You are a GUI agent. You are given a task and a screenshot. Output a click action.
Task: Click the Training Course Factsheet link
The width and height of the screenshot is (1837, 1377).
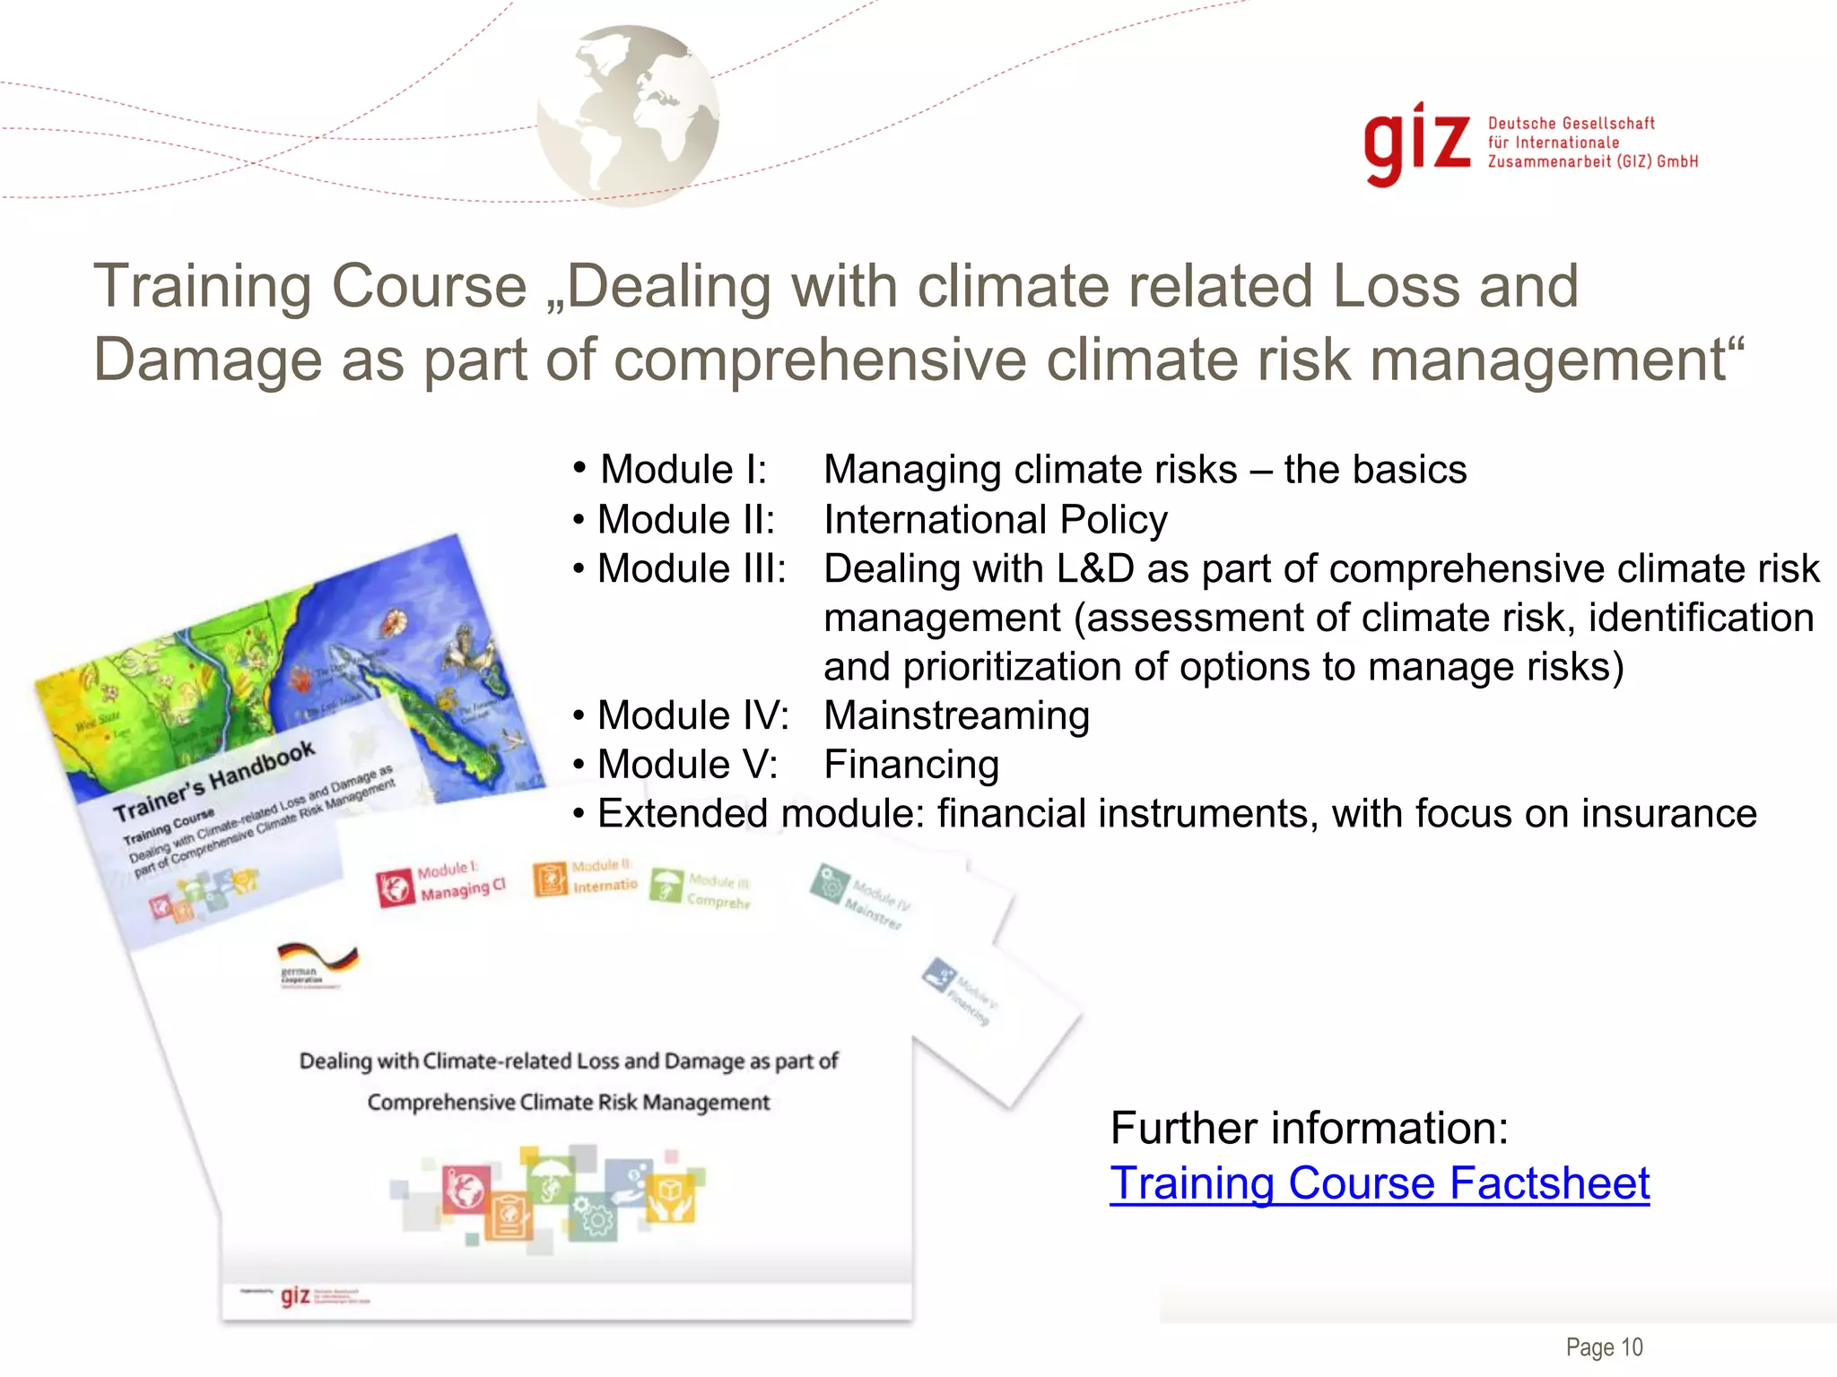tap(1379, 1183)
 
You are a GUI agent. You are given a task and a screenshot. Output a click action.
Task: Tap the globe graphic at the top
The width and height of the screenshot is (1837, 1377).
tap(629, 115)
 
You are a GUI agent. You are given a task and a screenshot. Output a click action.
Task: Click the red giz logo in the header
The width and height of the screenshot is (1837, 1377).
tap(1415, 143)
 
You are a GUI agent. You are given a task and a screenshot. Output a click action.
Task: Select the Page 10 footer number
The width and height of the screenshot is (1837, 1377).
tap(1604, 1347)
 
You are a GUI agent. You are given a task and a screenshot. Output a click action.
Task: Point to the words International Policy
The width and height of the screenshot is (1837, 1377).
tap(996, 520)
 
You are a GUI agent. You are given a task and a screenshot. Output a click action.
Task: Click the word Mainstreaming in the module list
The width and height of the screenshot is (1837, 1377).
tap(956, 715)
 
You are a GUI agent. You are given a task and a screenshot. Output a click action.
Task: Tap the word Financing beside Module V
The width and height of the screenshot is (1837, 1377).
tap(911, 765)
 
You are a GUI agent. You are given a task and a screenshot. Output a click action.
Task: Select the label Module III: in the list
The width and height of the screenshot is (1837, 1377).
tap(692, 569)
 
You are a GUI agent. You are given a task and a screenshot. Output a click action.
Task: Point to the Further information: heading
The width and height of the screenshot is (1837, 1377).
tap(1309, 1128)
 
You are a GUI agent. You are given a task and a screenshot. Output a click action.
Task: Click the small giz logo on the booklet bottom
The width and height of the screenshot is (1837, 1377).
tap(295, 1295)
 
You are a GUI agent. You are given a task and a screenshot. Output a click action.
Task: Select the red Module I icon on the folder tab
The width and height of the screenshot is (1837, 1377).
tap(393, 888)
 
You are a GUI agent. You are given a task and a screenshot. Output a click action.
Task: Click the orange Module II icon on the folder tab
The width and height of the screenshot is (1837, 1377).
tap(550, 879)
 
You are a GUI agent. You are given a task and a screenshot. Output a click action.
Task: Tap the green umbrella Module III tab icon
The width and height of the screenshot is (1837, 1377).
tap(666, 885)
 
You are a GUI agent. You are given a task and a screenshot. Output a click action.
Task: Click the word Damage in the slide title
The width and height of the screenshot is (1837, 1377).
tap(207, 359)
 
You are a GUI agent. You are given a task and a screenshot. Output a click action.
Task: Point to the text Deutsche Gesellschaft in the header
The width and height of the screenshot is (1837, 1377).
tap(1571, 124)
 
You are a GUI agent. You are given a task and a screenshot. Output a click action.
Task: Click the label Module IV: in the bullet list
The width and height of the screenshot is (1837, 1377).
tap(693, 715)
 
